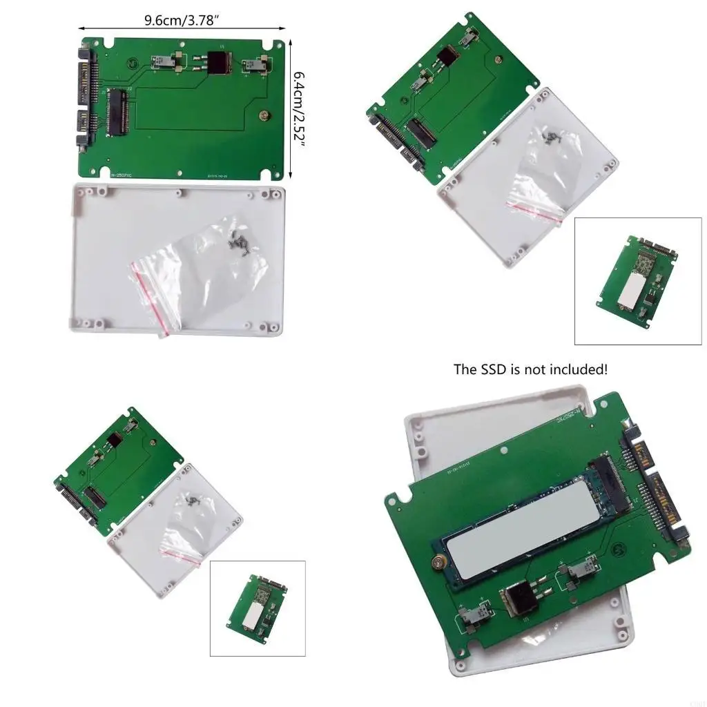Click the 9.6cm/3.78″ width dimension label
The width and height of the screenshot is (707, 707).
182,19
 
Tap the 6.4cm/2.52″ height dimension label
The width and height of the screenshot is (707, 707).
300,108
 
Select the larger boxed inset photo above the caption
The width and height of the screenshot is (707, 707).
637,281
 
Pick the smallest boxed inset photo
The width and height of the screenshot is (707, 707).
257,608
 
